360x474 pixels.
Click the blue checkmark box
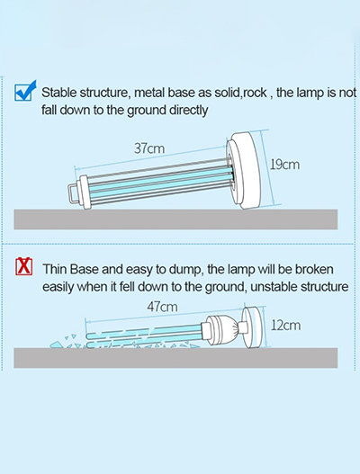(25, 91)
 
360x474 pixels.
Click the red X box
(24, 266)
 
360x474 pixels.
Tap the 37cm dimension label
(149, 148)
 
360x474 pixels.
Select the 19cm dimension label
(284, 165)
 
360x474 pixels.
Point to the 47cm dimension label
(162, 307)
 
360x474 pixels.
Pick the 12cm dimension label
(285, 326)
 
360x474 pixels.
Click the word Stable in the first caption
(59, 93)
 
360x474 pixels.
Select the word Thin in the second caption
(55, 269)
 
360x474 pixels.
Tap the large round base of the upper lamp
(244, 171)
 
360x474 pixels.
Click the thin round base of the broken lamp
(252, 327)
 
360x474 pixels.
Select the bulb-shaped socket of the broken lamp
(220, 330)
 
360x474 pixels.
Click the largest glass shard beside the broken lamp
(57, 344)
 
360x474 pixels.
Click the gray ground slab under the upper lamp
(175, 219)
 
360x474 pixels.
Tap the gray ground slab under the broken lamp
(175, 358)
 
